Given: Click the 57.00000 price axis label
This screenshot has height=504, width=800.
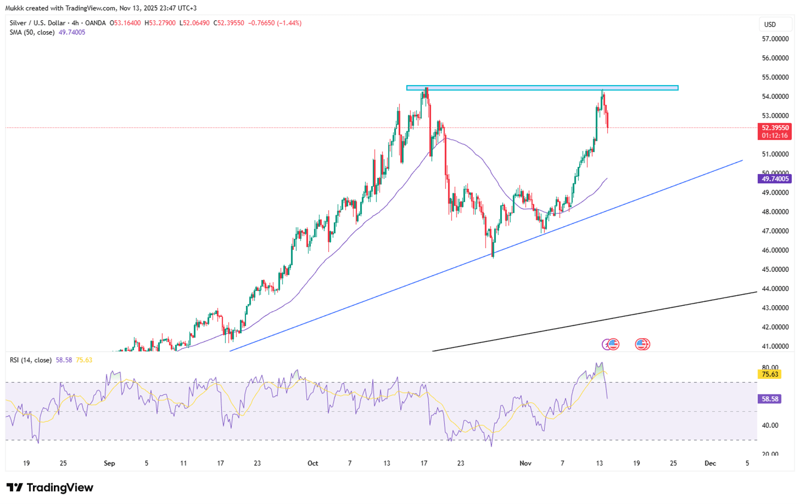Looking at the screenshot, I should [x=775, y=39].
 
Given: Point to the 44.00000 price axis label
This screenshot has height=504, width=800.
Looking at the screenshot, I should [x=775, y=289].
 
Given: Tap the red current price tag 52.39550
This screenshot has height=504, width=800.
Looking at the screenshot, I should [x=774, y=128].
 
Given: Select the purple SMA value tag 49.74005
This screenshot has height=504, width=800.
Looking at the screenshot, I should [x=774, y=178].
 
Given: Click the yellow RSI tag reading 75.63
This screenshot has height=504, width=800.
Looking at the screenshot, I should [x=770, y=374].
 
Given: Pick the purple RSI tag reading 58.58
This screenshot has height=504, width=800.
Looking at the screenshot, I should [x=770, y=399].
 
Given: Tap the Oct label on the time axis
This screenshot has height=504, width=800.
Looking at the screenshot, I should [x=312, y=463].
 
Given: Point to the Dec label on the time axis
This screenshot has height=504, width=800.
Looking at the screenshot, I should [x=710, y=463].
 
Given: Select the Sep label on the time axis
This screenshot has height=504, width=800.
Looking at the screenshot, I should [x=109, y=463].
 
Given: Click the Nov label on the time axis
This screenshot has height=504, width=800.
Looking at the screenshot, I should [x=525, y=463].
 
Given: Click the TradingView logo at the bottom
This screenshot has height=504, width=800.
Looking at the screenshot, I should [x=50, y=488].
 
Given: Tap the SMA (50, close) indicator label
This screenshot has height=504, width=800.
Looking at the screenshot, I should [x=32, y=32].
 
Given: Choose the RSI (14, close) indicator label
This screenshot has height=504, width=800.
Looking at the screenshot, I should [x=30, y=360].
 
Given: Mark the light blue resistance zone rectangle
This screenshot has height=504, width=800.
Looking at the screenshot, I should [x=542, y=88].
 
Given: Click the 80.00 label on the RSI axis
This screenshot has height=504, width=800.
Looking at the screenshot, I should [x=770, y=367].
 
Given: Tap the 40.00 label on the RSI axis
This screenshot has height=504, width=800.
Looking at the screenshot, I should [x=770, y=425].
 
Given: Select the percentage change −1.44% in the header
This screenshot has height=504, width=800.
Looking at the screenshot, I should [x=289, y=23].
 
